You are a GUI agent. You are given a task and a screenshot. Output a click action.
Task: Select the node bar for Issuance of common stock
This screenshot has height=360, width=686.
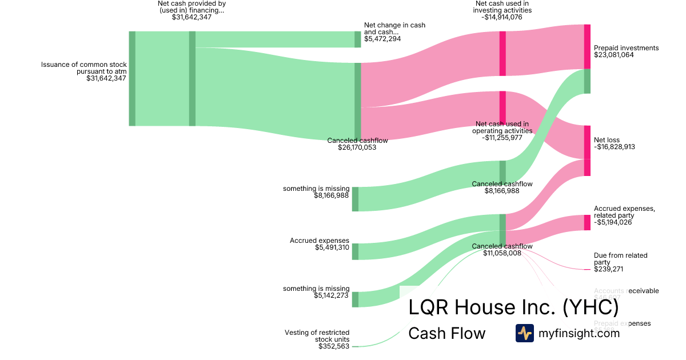pyautogui.click(x=132, y=78)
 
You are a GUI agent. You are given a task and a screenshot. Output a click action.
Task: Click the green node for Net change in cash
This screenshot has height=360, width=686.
pyautogui.click(x=358, y=39)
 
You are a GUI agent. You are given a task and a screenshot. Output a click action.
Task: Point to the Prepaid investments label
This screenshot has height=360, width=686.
pyautogui.click(x=626, y=48)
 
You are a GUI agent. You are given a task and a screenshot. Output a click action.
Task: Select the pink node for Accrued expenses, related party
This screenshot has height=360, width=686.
pyautogui.click(x=587, y=222)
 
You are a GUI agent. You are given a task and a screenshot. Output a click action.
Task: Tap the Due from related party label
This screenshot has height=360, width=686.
pyautogui.click(x=620, y=259)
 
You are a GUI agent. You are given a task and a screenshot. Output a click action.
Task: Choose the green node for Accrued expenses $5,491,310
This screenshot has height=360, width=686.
pyautogui.click(x=355, y=251)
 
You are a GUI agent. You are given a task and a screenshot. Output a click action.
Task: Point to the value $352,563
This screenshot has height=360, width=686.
pyautogui.click(x=334, y=346)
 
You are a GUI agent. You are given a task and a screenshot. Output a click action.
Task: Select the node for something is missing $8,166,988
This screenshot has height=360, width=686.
pyautogui.click(x=355, y=199)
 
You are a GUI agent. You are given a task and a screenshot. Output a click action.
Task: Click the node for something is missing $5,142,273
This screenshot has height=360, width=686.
pyautogui.click(x=355, y=299)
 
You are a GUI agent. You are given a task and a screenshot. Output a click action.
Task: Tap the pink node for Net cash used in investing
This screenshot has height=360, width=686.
pyautogui.click(x=502, y=53)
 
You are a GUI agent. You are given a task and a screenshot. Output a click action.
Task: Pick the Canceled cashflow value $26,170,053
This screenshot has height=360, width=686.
pyautogui.click(x=352, y=147)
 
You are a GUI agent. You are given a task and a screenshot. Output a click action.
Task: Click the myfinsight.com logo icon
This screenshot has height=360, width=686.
pyautogui.click(x=524, y=333)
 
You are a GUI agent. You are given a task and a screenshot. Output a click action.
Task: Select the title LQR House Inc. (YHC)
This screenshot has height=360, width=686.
pyautogui.click(x=513, y=307)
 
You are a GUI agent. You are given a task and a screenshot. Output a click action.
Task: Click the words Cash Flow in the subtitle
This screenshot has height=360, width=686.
pyautogui.click(x=446, y=333)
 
